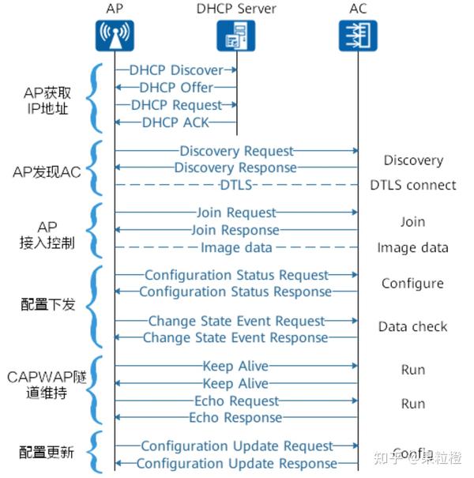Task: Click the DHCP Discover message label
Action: tap(176, 70)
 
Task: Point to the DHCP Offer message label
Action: tap(176, 88)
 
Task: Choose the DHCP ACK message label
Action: tap(178, 122)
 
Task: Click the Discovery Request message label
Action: tap(236, 151)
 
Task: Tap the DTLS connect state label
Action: tap(412, 186)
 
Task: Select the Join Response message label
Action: tap(235, 230)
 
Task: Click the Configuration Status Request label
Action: tap(236, 275)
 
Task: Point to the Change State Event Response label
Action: tap(235, 337)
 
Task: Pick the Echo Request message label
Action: tap(235, 401)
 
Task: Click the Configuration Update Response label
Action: tap(236, 464)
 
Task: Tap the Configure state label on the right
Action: tap(412, 284)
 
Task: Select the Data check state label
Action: tap(412, 326)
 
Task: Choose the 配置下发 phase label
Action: tap(47, 303)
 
